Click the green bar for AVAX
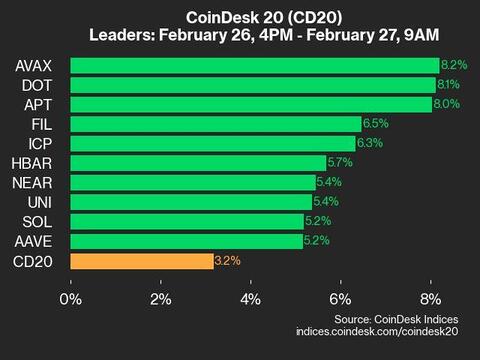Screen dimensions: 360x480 255,66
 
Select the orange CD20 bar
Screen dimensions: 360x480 142,261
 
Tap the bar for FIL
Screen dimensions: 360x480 216,124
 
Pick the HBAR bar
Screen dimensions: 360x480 198,163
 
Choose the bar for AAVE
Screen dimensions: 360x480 187,241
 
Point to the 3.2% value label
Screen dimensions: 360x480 227,261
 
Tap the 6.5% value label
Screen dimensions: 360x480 375,124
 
